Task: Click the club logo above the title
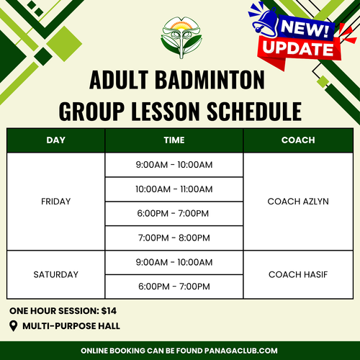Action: [x=181, y=37]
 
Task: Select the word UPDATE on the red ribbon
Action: [x=298, y=48]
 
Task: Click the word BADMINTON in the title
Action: [x=210, y=79]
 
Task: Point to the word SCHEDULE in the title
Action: [x=254, y=111]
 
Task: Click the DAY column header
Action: [x=56, y=140]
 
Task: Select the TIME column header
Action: [x=174, y=140]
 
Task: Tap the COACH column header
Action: [x=298, y=140]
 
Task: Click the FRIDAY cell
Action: [x=56, y=202]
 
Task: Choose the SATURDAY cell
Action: [x=56, y=274]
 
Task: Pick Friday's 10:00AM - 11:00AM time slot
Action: [x=174, y=189]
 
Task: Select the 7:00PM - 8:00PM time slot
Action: [x=174, y=238]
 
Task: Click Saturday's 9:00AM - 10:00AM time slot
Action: [x=174, y=262]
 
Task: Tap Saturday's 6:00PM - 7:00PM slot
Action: [x=174, y=287]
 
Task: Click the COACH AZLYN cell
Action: [x=298, y=202]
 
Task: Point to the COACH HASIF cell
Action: [x=298, y=274]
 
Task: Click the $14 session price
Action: [x=109, y=311]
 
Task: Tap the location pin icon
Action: [x=14, y=326]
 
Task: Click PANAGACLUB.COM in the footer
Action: [x=241, y=351]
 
